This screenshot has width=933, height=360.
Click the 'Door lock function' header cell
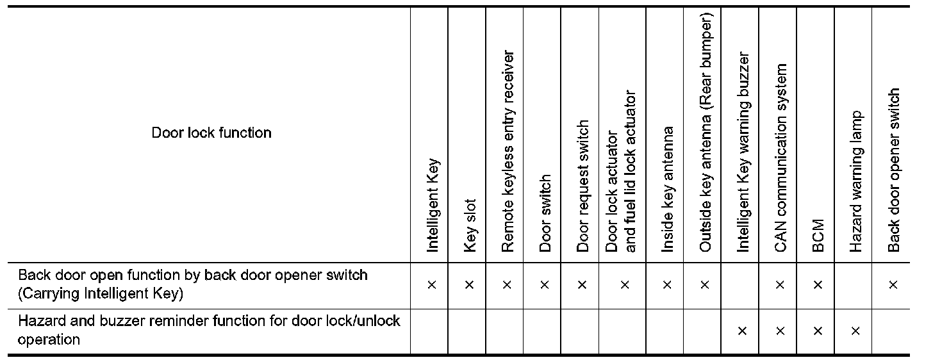coord(211,133)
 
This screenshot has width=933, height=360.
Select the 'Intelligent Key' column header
coord(432,205)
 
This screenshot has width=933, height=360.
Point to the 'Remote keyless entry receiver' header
coord(508,151)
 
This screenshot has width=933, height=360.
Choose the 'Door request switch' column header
coord(582,186)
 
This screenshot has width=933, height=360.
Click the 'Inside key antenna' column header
coord(667,189)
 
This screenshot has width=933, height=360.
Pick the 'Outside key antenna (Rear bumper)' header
coord(705,138)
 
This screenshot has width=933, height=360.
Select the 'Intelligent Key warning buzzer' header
coord(743,151)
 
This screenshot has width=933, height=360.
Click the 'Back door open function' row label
coord(192,284)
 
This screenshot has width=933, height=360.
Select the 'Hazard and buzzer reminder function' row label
coord(208,331)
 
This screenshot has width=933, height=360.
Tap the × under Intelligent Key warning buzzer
coord(743,331)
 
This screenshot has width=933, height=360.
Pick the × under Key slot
coord(470,284)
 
